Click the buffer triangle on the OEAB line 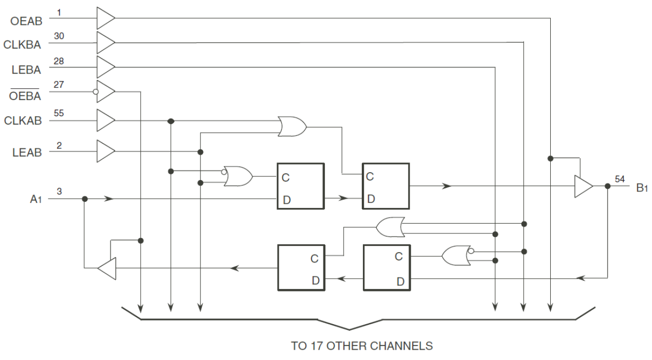[x=105, y=18]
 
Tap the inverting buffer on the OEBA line [x=106, y=92]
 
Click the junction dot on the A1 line [x=85, y=199]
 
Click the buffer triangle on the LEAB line [x=105, y=151]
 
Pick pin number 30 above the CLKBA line [x=59, y=35]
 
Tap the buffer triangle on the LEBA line [x=105, y=67]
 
